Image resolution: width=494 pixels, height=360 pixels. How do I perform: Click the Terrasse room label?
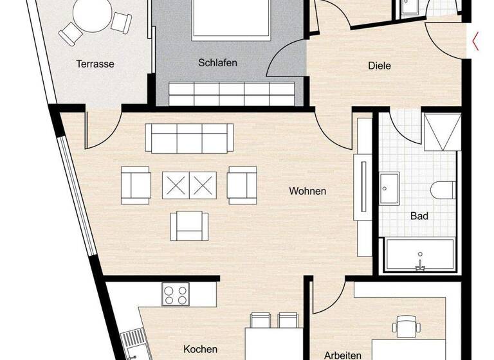click(x=95, y=64)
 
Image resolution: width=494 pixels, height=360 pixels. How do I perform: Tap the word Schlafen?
click(x=217, y=63)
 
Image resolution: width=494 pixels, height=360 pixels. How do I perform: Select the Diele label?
click(x=380, y=66)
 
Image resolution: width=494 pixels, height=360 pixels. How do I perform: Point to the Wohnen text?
click(x=307, y=191)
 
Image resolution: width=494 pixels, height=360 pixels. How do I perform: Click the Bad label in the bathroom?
click(x=419, y=216)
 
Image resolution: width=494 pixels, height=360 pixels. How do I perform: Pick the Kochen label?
click(x=200, y=349)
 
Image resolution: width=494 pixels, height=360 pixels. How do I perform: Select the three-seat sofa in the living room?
click(x=189, y=137)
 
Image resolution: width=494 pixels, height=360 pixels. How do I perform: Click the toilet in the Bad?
click(x=444, y=191)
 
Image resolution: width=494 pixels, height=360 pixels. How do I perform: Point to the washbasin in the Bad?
click(x=390, y=188)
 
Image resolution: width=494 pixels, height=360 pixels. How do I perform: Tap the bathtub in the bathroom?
click(x=419, y=255)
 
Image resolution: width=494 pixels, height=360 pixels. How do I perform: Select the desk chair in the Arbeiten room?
click(x=405, y=326)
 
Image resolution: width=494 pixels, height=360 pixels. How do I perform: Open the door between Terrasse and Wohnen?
click(x=103, y=129)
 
